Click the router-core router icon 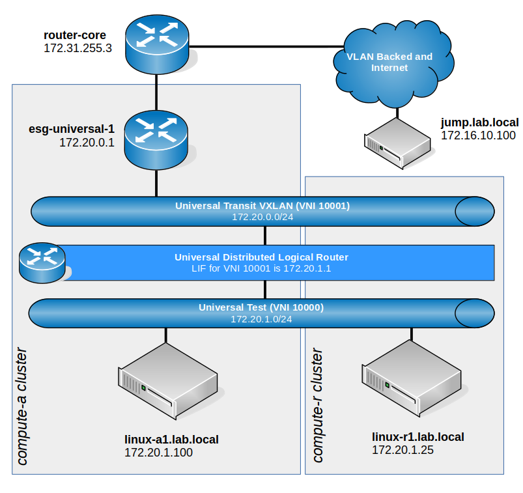click(156, 44)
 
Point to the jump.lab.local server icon click(397, 143)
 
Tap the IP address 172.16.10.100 click(478, 135)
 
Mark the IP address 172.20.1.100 click(158, 453)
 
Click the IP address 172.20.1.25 click(403, 450)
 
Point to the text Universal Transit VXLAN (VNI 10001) click(262, 206)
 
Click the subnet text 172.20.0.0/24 click(262, 216)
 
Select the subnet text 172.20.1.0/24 click(261, 319)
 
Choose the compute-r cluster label click(317, 405)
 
